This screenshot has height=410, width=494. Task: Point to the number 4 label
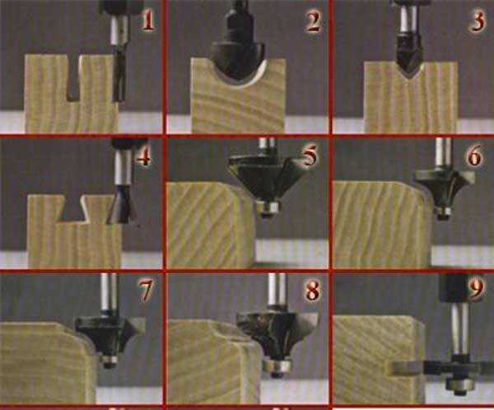point(143,156)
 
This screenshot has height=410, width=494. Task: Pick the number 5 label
point(310,156)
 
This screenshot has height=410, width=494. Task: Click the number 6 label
point(474,156)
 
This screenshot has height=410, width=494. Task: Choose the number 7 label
point(146,290)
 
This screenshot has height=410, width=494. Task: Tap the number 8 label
point(313,291)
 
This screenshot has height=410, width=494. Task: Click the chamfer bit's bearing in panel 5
point(268,208)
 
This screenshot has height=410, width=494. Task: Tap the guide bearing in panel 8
point(277,366)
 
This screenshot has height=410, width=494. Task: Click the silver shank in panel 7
point(109,292)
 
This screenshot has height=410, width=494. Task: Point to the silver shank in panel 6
point(444,154)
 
